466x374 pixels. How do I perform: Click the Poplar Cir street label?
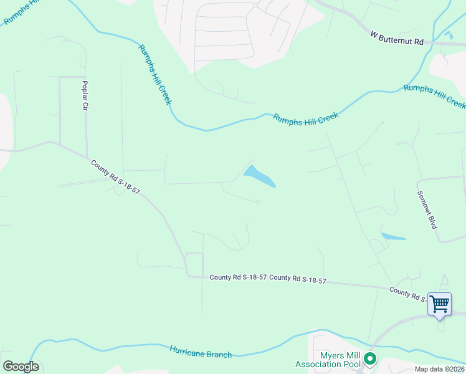[x=85, y=95]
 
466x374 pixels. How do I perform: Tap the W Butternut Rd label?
[x=397, y=37]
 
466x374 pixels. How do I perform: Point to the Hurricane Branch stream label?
[x=201, y=352]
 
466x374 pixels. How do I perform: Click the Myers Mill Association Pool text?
[x=331, y=360]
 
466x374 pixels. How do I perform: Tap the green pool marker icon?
[x=370, y=358]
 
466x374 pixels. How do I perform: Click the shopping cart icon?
[x=440, y=304]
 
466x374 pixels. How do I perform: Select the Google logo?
[x=21, y=367]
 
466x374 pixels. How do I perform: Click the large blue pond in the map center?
[x=259, y=176]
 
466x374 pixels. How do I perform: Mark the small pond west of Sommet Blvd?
[x=393, y=237]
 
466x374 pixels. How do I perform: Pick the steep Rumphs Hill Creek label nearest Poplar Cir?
[x=155, y=74]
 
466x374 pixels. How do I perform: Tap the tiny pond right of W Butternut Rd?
[x=449, y=36]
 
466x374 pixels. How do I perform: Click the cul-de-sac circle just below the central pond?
[x=258, y=201]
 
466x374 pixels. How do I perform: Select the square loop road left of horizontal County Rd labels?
[x=194, y=264]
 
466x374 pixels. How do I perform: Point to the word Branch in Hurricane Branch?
[x=219, y=354]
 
